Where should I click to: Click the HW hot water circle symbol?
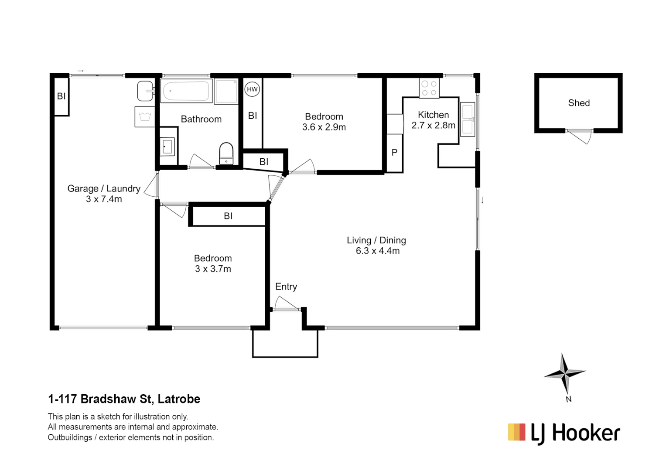click(x=252, y=89)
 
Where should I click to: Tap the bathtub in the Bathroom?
click(x=186, y=91)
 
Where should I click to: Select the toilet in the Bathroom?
click(x=226, y=153)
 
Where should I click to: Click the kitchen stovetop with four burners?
click(x=429, y=89)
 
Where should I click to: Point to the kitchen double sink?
click(x=468, y=119)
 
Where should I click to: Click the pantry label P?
click(x=394, y=153)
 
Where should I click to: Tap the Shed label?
click(x=579, y=103)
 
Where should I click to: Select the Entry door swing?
click(x=287, y=303)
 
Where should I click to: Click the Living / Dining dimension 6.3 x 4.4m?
click(x=377, y=251)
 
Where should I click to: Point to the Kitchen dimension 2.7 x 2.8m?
click(x=433, y=126)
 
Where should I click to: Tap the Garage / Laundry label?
click(x=104, y=188)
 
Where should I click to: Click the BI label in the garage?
click(x=61, y=96)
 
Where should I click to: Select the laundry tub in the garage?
click(x=145, y=91)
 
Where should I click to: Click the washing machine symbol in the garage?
click(x=144, y=116)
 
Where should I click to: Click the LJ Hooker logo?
click(x=564, y=433)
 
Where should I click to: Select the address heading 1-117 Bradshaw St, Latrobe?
click(x=124, y=399)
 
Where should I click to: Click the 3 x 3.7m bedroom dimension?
click(x=213, y=269)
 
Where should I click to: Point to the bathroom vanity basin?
click(x=167, y=147)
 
